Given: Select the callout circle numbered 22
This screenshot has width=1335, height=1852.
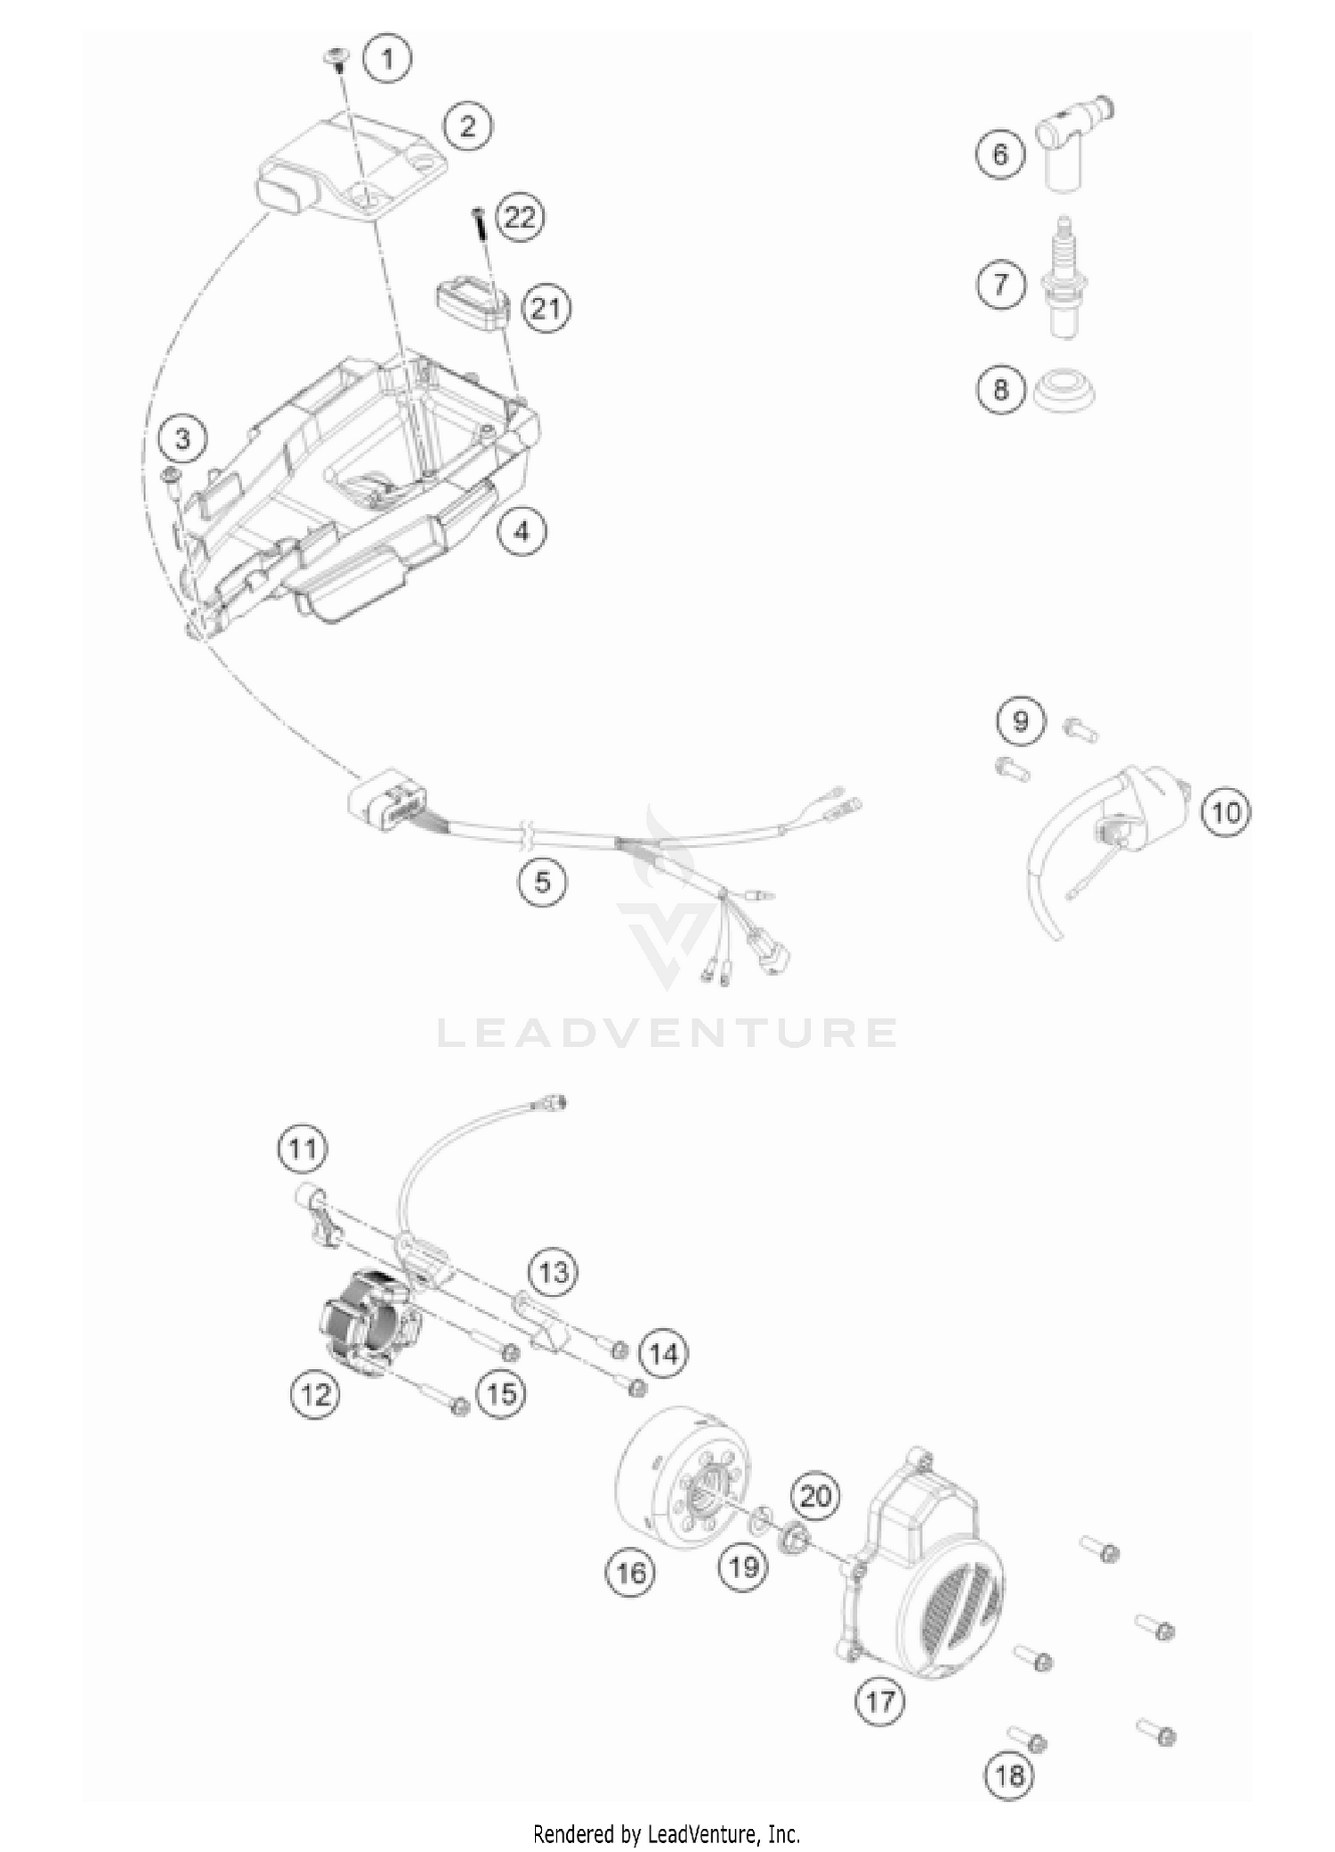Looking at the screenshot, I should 520,217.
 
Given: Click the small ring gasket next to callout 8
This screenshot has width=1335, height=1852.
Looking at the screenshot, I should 1064,391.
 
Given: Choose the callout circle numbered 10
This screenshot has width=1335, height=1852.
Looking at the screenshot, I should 1226,812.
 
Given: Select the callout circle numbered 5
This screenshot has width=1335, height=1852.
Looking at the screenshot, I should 543,882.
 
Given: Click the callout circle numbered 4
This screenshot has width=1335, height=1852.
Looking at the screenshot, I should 522,531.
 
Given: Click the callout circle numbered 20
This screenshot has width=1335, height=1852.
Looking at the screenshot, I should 815,1496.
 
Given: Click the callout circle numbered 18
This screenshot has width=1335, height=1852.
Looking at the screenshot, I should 1009,1776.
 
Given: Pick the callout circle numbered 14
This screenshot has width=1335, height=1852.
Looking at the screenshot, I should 664,1355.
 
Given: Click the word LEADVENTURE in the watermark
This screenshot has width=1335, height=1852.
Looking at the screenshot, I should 667,1033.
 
